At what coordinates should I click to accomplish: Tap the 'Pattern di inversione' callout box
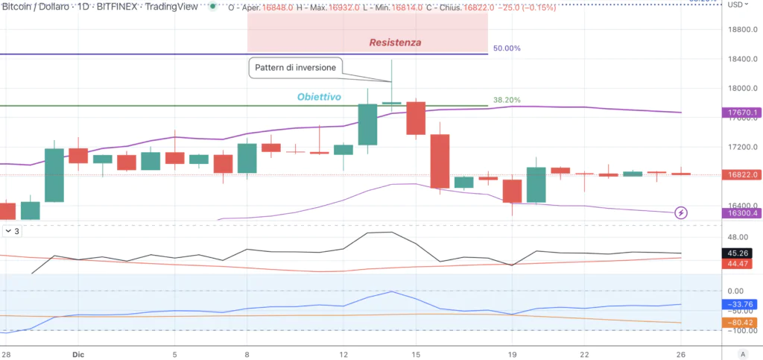296,67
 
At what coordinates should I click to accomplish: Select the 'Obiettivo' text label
319,97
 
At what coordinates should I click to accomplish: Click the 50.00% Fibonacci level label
507,48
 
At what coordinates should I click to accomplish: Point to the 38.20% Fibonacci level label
507,100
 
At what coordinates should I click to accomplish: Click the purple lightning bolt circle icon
681,213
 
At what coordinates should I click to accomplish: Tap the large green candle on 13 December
367,124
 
